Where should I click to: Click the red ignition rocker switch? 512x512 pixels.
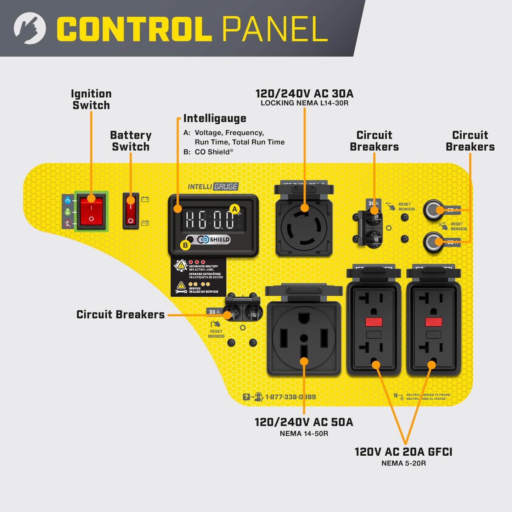(x=91, y=212)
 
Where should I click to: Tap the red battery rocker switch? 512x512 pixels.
(x=131, y=211)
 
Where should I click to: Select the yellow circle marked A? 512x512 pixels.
(x=235, y=209)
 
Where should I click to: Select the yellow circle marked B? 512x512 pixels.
(x=185, y=245)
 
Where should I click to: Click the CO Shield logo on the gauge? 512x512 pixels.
(x=214, y=240)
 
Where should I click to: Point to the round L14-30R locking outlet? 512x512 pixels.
(x=304, y=227)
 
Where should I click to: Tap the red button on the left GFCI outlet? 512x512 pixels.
(x=373, y=322)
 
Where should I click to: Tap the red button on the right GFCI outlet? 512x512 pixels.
(x=433, y=322)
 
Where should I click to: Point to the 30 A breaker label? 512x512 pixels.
(x=373, y=203)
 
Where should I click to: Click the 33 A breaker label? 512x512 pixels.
(x=214, y=312)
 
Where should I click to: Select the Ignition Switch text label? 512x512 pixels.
(x=91, y=100)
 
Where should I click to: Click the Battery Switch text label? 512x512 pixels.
(x=131, y=141)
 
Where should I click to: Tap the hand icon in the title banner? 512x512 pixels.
(x=30, y=28)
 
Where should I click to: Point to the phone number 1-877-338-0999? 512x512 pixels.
(x=290, y=397)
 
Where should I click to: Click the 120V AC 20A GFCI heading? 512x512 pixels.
(x=403, y=452)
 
